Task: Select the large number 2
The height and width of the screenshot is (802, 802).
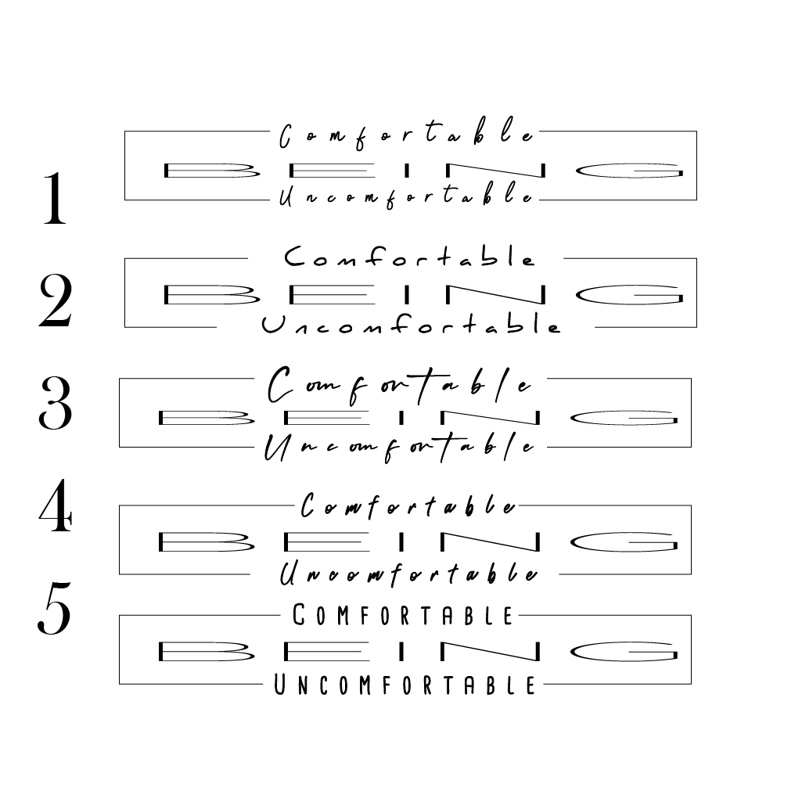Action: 55,301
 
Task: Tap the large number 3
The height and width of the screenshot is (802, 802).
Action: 55,404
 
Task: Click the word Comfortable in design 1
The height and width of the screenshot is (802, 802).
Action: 408,136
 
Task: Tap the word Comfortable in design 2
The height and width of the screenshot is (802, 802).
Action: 409,257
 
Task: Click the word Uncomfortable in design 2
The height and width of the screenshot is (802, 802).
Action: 411,325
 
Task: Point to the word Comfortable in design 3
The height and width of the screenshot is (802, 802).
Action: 400,385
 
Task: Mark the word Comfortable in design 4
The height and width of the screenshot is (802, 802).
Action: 409,507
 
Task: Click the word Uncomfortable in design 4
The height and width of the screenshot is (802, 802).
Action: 409,574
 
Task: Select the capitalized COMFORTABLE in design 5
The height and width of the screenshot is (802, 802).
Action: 403,616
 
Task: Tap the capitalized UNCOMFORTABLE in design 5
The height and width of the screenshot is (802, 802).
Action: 405,686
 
